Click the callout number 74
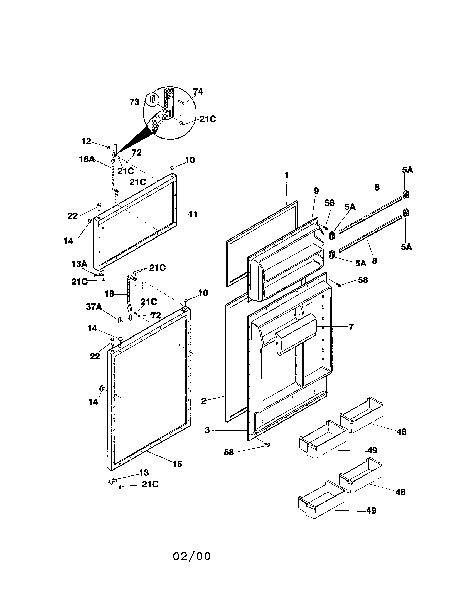coord(198,92)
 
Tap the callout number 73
coord(134,102)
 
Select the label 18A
coord(87,159)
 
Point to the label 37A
coord(94,307)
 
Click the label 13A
coord(79,264)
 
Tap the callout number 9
coord(316,191)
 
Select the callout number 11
coord(193,214)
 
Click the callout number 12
coord(86,141)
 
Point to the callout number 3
coord(207,430)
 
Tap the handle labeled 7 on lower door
coord(296,334)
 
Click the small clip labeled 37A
coord(119,319)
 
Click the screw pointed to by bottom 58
coord(267,445)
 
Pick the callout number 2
coord(204,401)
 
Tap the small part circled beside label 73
coord(153,99)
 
